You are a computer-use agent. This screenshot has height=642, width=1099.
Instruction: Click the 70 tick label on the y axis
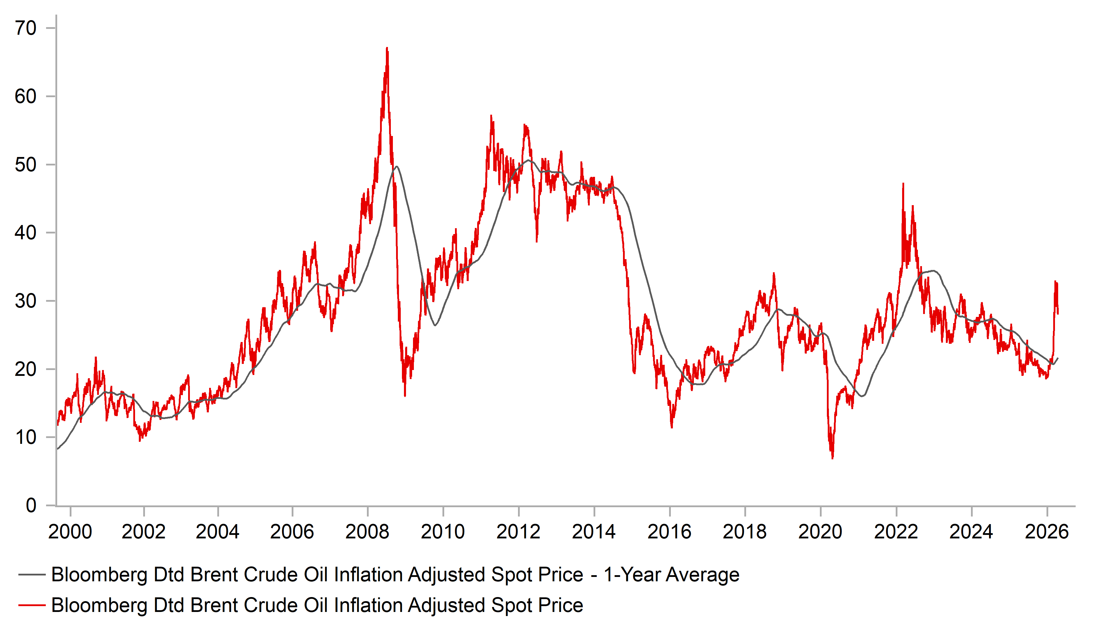[25, 28]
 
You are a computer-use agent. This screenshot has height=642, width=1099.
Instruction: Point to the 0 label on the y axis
[31, 506]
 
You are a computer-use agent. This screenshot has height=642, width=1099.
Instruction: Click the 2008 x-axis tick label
[367, 532]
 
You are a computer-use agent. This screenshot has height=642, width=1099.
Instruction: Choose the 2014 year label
[594, 532]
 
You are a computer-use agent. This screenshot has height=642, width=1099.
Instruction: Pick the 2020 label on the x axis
[820, 532]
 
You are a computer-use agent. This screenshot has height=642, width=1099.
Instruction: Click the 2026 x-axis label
[1046, 532]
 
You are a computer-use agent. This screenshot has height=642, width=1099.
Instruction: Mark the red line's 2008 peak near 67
[387, 48]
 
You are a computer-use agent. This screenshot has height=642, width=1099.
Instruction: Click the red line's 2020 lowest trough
[832, 458]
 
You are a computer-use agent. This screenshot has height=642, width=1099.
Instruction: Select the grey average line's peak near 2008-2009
[396, 166]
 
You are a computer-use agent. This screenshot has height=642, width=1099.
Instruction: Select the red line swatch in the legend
[32, 605]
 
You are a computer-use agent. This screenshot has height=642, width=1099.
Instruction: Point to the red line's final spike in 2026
[1055, 282]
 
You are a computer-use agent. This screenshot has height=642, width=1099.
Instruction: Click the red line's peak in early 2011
[491, 116]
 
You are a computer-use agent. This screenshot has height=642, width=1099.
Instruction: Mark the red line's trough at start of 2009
[405, 395]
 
